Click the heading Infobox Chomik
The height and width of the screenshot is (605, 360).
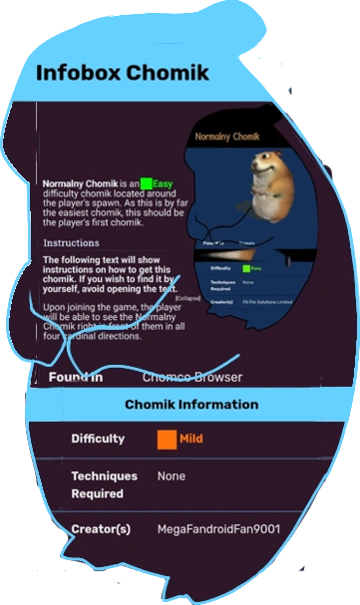[123, 74]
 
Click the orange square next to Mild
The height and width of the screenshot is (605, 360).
[167, 438]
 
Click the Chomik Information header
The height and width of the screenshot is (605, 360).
[191, 405]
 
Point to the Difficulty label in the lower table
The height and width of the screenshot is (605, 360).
[98, 439]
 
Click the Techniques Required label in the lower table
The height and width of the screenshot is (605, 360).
[98, 484]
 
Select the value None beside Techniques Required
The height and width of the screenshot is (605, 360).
[172, 476]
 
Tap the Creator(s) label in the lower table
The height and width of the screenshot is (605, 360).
[100, 529]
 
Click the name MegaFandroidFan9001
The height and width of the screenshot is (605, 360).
[218, 529]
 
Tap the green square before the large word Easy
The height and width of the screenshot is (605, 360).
[146, 183]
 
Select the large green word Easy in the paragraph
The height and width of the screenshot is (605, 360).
[163, 183]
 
